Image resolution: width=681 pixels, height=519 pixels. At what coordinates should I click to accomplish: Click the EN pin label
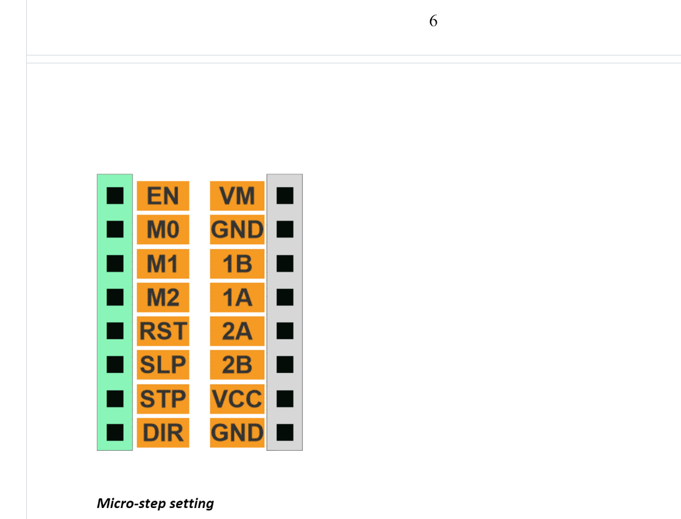pos(163,196)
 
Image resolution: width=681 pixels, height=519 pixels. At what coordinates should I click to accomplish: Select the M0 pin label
pos(163,229)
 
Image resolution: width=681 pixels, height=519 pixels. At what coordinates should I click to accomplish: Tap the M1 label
pos(163,264)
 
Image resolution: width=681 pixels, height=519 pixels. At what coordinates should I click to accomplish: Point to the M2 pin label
pos(163,297)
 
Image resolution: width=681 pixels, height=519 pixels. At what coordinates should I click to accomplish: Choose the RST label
pos(163,331)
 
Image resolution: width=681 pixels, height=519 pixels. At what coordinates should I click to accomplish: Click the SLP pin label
pos(163,365)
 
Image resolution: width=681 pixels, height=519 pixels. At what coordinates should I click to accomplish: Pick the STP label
pos(163,399)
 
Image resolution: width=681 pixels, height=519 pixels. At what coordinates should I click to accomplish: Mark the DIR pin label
pos(163,432)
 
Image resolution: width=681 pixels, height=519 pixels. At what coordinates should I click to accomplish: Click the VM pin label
pos(237,196)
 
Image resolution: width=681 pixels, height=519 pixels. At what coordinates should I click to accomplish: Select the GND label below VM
pos(237,229)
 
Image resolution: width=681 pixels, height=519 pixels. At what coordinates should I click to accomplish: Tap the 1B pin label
pos(237,264)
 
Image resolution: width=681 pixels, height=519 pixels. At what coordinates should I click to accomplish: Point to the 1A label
pos(237,297)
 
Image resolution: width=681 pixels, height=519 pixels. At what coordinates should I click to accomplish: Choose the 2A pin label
pos(237,331)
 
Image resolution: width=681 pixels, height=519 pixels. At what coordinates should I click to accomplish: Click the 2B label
pos(237,365)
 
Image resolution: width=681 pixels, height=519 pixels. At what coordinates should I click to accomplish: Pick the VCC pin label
pos(237,399)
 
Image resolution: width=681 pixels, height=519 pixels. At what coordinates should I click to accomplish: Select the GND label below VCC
pos(237,432)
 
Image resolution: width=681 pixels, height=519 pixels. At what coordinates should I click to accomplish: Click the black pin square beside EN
pos(115,196)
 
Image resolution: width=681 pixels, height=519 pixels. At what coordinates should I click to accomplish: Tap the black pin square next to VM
pos(285,196)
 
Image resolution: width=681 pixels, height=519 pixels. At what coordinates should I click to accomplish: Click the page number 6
pos(433,21)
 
